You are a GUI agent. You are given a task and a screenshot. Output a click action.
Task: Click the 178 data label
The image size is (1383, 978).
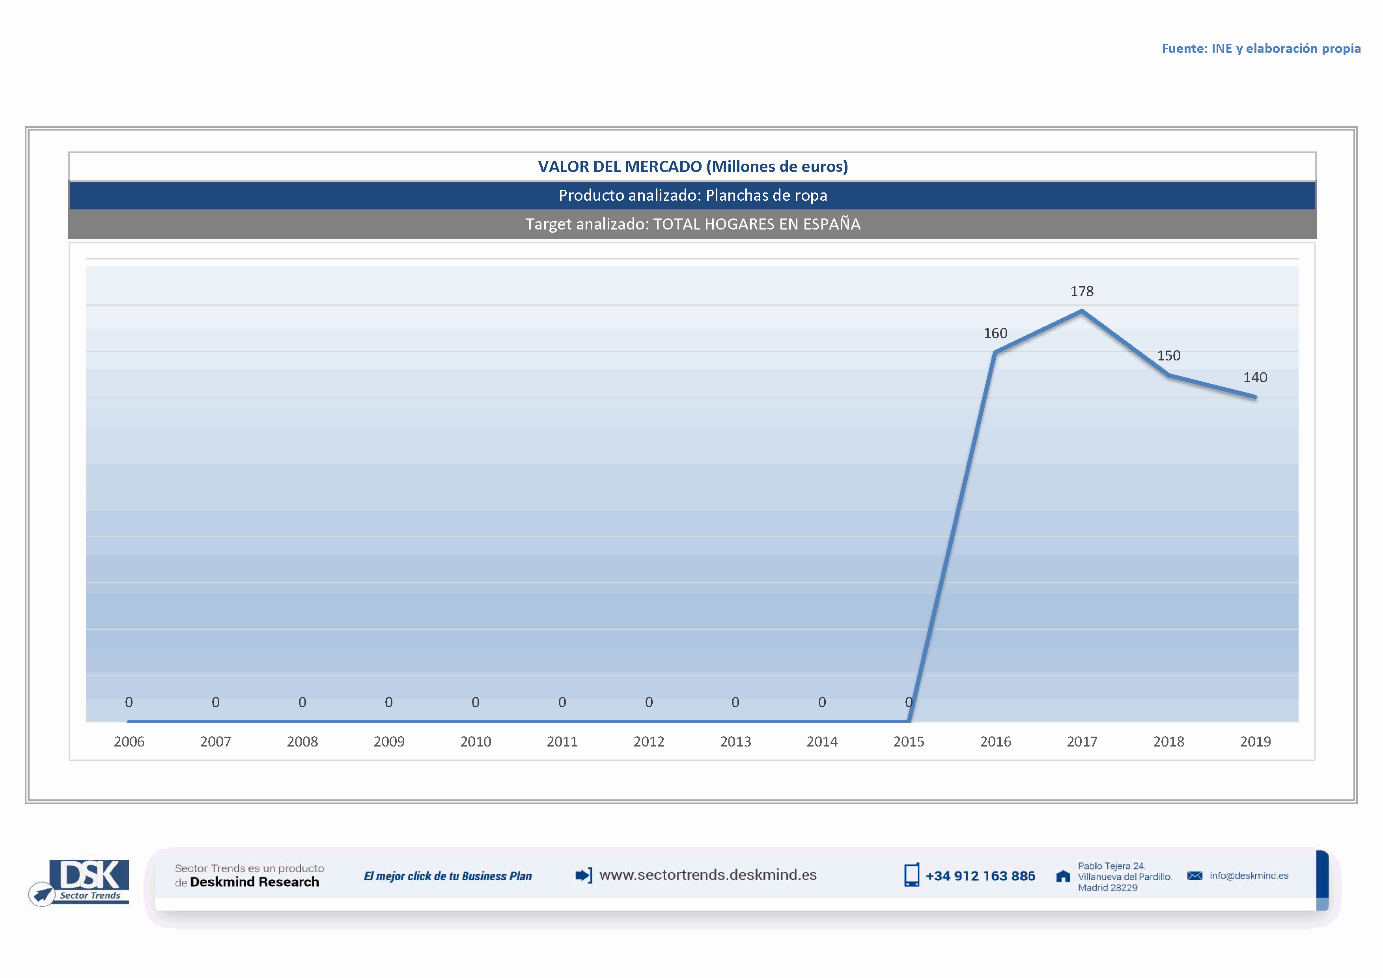click(x=1082, y=291)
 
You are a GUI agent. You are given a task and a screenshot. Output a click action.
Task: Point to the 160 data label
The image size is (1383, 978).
click(x=995, y=333)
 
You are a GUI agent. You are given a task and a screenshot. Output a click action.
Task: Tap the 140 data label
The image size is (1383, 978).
click(x=1255, y=377)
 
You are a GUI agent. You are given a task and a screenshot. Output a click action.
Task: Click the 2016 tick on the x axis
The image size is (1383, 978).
click(x=995, y=741)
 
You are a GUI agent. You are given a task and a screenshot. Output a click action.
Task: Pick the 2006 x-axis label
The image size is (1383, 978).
click(x=129, y=741)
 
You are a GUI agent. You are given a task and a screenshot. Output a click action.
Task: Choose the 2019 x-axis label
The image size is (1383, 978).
click(x=1255, y=741)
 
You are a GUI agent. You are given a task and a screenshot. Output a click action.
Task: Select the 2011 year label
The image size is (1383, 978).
click(x=562, y=741)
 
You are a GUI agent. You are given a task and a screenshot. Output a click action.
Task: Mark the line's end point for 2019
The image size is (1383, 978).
click(x=1255, y=397)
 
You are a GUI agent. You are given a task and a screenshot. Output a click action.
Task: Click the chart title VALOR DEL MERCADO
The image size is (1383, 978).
click(x=693, y=166)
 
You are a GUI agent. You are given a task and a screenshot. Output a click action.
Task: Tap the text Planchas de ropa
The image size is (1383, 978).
click(x=766, y=195)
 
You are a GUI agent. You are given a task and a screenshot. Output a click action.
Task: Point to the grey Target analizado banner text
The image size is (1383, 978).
click(x=693, y=224)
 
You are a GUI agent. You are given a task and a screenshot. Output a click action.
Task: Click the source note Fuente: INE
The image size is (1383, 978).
click(x=1261, y=48)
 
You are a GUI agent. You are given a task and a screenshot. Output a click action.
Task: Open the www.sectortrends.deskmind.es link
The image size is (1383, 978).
click(x=708, y=875)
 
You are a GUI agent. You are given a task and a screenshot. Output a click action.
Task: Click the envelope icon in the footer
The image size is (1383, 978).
click(x=1194, y=875)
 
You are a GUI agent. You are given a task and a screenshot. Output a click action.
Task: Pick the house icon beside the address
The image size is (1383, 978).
click(x=1063, y=876)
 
